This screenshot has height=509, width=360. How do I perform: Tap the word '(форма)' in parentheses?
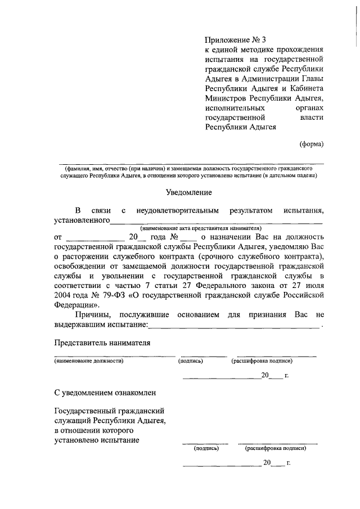[311, 143]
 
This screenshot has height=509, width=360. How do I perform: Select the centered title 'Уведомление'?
[188, 192]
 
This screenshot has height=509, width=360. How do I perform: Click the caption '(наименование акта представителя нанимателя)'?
[201, 228]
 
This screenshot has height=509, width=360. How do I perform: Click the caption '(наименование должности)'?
[89, 361]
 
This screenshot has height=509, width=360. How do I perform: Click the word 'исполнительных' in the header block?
[228, 107]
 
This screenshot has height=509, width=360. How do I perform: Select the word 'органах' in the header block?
[310, 107]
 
